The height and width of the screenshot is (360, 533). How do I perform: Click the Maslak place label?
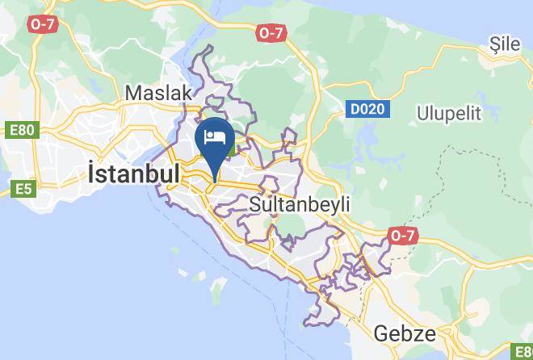click(159, 93)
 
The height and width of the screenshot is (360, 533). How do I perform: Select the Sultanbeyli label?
click(300, 204)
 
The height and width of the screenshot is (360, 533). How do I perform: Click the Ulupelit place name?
click(449, 113)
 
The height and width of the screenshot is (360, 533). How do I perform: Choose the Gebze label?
click(405, 333)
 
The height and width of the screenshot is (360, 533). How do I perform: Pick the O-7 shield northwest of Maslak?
click(41, 25)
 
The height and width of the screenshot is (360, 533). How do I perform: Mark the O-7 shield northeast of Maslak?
click(271, 33)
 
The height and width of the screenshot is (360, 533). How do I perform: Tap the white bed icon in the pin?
click(216, 136)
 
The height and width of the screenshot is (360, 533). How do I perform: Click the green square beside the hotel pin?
click(232, 149)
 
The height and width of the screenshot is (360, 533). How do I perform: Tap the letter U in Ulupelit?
click(422, 113)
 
